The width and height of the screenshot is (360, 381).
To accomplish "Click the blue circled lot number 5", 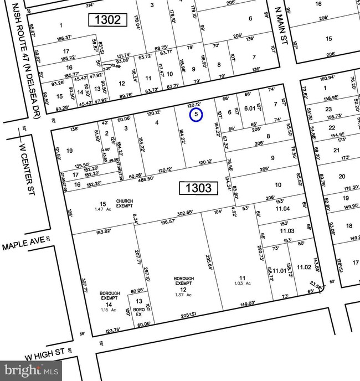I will point(196,115).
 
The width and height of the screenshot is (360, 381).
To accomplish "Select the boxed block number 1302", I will point(108,20).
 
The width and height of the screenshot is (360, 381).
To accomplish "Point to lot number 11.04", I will point(282,208).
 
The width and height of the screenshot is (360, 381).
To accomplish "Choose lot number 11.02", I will point(304,267).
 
